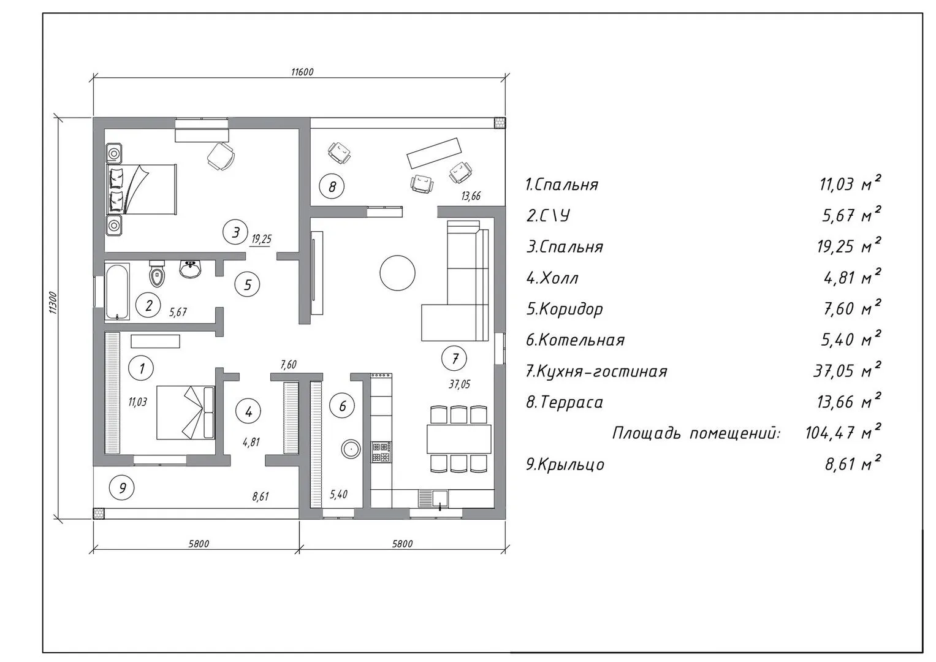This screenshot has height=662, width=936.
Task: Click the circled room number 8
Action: point(332,186)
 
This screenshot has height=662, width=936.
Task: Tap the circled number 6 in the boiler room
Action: point(342,406)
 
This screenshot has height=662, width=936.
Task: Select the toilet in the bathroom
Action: point(157,273)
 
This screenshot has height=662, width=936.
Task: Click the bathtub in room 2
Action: point(118,291)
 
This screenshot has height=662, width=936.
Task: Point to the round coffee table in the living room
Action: point(397,273)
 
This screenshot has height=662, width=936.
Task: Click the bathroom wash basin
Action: point(191,269)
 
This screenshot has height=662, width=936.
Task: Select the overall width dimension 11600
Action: point(302,72)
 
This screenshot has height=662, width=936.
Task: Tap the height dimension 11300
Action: point(53,303)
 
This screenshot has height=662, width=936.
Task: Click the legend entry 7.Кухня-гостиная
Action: point(596,371)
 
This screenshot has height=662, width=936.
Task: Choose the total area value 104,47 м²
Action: point(843,432)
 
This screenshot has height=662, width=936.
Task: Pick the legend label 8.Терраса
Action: point(565,402)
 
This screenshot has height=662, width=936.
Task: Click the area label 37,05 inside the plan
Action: point(459,384)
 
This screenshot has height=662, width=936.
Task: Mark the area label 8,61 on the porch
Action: point(261,496)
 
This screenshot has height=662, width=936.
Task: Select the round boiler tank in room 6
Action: point(351,450)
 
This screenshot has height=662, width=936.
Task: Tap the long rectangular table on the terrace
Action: point(435,153)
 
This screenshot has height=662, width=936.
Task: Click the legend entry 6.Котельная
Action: point(575,340)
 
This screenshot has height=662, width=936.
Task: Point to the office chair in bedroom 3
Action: point(221,156)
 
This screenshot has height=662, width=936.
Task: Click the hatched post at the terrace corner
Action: point(500,123)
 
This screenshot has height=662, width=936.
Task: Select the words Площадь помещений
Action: point(696,433)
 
